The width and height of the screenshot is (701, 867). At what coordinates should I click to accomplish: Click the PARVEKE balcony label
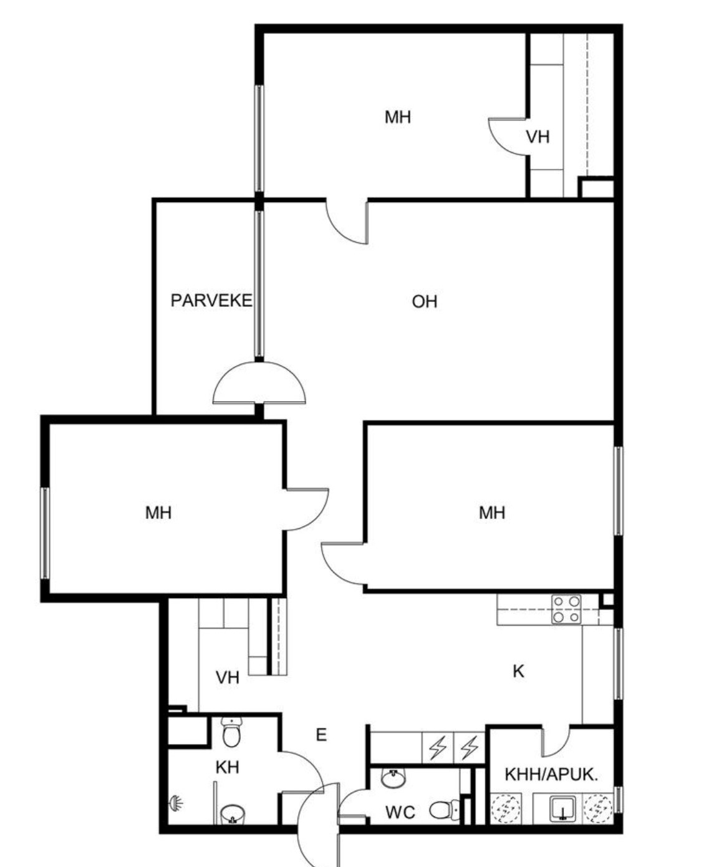[211, 301]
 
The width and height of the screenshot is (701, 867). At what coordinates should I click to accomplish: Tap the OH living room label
[424, 302]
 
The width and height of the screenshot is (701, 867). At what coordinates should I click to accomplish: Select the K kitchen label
[518, 671]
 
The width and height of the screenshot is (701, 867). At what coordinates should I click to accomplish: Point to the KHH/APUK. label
[551, 775]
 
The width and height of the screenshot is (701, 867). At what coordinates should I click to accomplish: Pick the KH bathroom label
[227, 767]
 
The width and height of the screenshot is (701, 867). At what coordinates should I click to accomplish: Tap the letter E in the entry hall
[321, 735]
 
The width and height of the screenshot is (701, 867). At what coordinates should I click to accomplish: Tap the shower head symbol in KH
[176, 802]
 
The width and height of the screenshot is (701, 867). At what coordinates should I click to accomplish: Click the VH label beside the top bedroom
[538, 137]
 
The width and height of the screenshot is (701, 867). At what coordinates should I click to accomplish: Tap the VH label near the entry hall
[228, 678]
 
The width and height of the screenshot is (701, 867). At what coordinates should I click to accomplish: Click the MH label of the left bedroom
[158, 513]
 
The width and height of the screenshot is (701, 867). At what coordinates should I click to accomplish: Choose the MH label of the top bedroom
[397, 117]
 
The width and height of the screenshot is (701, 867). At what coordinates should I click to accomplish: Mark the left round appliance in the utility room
[506, 811]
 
